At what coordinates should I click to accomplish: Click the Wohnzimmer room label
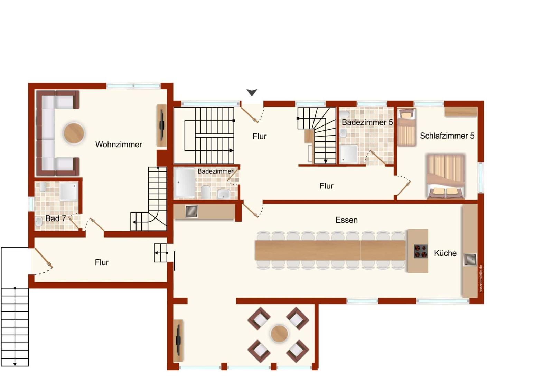pos(119,145)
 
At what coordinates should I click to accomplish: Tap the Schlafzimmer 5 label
pos(447,136)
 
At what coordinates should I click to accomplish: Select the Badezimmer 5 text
pos(367,122)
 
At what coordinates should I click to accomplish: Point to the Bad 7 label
pos(56,218)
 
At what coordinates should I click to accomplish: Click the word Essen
pos(346,220)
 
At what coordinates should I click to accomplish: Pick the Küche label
pos(445,253)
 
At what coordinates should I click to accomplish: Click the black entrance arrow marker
pos(252,92)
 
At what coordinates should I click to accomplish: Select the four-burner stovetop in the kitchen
pos(421,251)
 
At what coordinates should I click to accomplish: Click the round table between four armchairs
pos(279,334)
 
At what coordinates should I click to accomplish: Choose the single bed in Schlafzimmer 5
pos(406,128)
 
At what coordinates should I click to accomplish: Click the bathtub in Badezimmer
pos(185,183)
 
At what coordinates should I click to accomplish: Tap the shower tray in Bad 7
pos(69,192)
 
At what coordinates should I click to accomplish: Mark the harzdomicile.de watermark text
pos(481,279)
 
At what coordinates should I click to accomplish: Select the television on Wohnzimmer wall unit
pos(162,125)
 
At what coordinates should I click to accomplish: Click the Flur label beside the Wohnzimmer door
pos(102,262)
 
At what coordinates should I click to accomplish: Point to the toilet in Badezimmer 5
pos(344,114)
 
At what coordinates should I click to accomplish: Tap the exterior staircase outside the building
pos(15,327)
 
